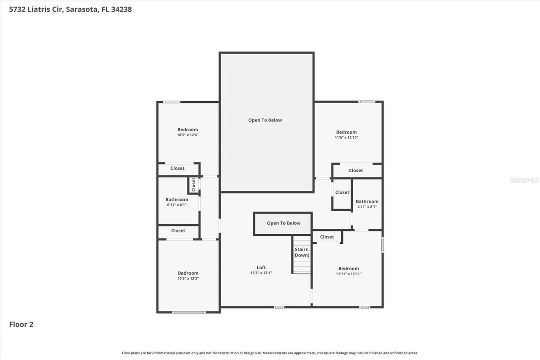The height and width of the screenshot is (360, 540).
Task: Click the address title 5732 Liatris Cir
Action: (x=70, y=9)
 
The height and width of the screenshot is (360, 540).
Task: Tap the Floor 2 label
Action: (x=21, y=324)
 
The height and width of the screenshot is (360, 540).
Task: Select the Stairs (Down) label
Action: (x=301, y=252)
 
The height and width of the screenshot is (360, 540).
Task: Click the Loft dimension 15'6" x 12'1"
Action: (x=261, y=273)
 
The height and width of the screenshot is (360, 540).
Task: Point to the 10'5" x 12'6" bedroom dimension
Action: (x=187, y=135)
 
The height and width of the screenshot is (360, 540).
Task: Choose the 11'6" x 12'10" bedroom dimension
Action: (x=346, y=138)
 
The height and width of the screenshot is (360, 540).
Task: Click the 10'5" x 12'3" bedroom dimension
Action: (x=188, y=279)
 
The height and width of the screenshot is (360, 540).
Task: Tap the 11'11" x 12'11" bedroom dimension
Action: (x=348, y=274)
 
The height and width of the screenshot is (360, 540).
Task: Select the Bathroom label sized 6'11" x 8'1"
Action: (x=176, y=200)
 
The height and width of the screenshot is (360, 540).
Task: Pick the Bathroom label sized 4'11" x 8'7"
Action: (x=367, y=202)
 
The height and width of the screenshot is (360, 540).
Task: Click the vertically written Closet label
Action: (x=194, y=184)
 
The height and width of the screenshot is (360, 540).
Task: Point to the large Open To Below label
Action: (x=265, y=120)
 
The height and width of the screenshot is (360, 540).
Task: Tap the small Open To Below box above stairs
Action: (x=283, y=223)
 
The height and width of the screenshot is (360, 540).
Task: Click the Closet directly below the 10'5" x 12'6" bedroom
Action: (x=177, y=168)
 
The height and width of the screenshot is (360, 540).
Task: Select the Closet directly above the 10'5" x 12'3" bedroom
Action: (x=178, y=231)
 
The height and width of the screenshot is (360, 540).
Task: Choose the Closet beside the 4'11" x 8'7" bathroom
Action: (x=342, y=192)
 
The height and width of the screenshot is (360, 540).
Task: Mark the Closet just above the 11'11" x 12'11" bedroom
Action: (x=327, y=237)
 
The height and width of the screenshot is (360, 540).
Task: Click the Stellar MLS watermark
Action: (x=524, y=180)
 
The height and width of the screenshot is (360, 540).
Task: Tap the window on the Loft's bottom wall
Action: (x=279, y=307)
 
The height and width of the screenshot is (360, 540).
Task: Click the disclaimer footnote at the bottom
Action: (x=270, y=353)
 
